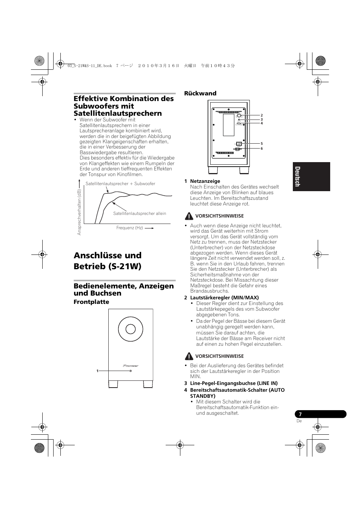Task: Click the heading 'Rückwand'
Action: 200,93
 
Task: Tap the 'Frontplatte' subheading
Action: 91,302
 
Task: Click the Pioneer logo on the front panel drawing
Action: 131,365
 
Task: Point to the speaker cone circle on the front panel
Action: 131,329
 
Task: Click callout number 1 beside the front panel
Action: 97,371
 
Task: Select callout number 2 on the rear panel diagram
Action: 262,115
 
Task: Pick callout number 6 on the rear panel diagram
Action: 262,149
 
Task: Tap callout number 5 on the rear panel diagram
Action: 262,144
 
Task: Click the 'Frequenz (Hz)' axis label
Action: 129,228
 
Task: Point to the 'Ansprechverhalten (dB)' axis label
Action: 79,212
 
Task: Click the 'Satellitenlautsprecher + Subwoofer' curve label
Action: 120,184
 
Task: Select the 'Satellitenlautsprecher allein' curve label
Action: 140,213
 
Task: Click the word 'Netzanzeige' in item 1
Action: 205,181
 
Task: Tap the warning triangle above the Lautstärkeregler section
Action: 189,216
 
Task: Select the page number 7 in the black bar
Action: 301,414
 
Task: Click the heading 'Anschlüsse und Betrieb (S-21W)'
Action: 108,261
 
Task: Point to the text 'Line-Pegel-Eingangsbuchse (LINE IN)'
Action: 234,383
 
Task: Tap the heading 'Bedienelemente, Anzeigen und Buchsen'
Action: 124,289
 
